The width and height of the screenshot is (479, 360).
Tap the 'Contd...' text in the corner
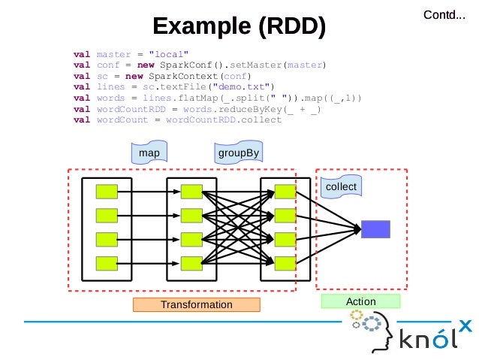(x=444, y=14)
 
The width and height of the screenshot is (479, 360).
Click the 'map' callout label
(x=149, y=153)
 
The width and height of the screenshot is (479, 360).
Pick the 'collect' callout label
(x=340, y=186)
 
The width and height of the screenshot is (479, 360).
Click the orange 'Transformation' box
(x=196, y=304)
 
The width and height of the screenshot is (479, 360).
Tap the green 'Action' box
(x=360, y=301)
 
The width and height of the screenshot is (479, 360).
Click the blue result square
(x=375, y=228)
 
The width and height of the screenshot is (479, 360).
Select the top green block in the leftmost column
(x=107, y=192)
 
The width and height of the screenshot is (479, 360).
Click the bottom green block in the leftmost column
(x=107, y=263)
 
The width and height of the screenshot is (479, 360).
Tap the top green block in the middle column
(x=191, y=192)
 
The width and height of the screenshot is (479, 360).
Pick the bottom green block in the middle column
(x=191, y=263)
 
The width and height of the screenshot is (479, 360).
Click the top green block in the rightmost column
(x=285, y=192)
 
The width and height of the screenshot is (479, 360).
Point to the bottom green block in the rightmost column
(x=285, y=263)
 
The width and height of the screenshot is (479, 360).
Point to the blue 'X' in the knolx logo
(x=465, y=325)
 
